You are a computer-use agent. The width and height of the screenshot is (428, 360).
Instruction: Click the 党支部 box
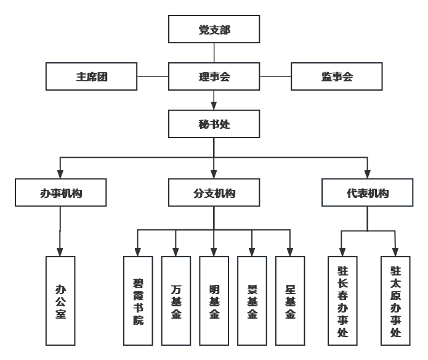214,29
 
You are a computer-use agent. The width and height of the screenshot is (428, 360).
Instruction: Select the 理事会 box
214,76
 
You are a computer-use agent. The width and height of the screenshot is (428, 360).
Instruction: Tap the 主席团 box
92,76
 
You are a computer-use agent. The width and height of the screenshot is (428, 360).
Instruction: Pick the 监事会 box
336,76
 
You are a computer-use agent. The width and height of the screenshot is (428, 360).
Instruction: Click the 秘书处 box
214,124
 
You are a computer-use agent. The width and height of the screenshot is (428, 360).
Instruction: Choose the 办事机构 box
61,192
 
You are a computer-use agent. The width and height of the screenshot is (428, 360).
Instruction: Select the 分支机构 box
214,192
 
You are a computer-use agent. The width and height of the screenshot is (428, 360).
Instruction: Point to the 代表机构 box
367,192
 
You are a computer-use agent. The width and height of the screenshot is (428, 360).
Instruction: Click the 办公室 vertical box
60,301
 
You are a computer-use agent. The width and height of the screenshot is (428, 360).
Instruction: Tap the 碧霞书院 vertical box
138,301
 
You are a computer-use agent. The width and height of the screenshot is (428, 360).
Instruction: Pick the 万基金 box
176,301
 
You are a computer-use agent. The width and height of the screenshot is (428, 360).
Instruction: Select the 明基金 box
214,301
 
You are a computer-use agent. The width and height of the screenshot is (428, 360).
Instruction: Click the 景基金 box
252,301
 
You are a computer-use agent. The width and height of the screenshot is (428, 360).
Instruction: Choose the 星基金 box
290,301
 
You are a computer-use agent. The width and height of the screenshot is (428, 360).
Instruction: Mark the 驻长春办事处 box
343,301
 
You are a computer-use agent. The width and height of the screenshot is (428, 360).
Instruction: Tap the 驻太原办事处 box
395,301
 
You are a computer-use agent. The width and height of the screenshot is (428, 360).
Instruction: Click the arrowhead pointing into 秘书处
214,105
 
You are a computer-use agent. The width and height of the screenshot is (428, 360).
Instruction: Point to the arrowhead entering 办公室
60,252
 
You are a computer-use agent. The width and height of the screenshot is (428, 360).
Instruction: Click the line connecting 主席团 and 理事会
153,76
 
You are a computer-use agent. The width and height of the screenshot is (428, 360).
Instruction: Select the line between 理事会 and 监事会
275,76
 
